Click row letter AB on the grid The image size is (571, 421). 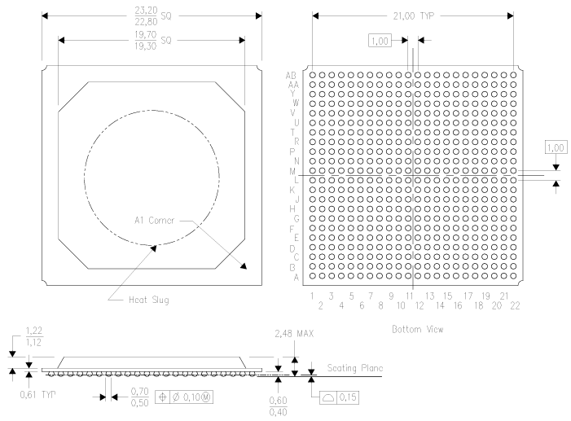pyautogui.click(x=292, y=75)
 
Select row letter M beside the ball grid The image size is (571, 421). pyautogui.click(x=292, y=172)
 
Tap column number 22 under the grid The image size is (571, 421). pyautogui.click(x=515, y=305)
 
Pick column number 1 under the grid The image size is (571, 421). pyautogui.click(x=312, y=296)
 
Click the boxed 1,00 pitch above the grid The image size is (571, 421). pyautogui.click(x=380, y=40)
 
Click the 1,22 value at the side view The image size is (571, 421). pyautogui.click(x=34, y=331)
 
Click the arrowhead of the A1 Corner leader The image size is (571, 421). pyautogui.click(x=244, y=266)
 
